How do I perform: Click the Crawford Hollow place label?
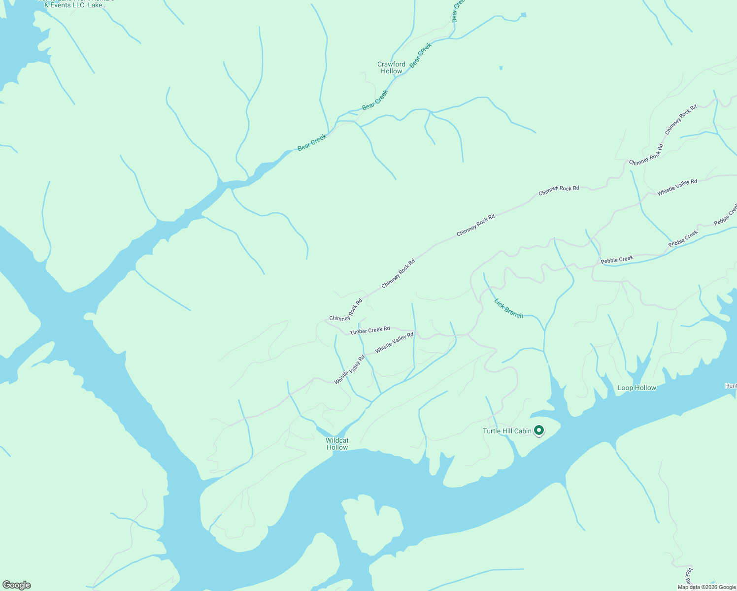click(x=391, y=67)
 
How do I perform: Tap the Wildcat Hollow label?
click(x=337, y=444)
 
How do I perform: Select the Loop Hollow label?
click(x=636, y=388)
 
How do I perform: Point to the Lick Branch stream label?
click(x=508, y=308)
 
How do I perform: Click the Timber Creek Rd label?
click(x=369, y=330)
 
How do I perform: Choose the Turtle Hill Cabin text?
click(x=507, y=431)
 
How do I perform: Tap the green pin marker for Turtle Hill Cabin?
click(x=539, y=430)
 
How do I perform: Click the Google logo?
click(x=16, y=585)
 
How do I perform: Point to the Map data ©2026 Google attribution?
click(x=706, y=587)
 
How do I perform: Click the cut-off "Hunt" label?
click(x=731, y=386)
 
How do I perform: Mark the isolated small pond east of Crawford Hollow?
click(x=501, y=68)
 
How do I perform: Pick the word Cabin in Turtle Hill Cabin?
click(x=522, y=431)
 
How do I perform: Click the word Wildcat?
click(x=337, y=440)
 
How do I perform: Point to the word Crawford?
click(x=391, y=64)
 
